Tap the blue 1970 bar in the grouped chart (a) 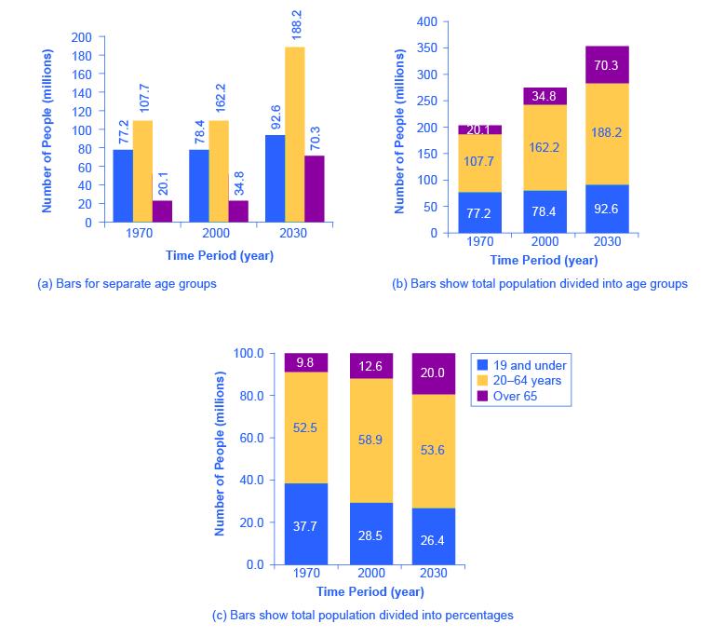(x=123, y=185)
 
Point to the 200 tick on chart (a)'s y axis (x=82, y=37)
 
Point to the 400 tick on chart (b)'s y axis (x=426, y=20)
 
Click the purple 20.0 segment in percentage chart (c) (x=432, y=373)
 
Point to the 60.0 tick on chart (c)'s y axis (x=250, y=438)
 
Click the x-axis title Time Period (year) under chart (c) (x=370, y=591)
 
